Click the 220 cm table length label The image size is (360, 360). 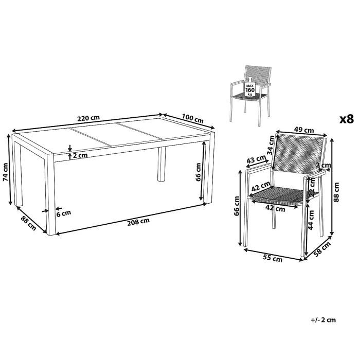pos(88,118)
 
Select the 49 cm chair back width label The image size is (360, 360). pos(301,130)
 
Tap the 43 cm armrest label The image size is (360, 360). pos(254,160)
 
